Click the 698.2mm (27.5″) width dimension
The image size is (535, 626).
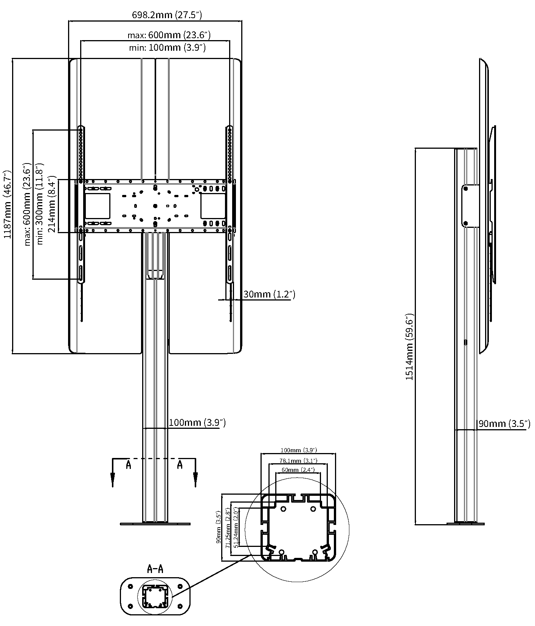pos(167,15)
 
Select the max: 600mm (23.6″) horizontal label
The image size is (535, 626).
pos(169,35)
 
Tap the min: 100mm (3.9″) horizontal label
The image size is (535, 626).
pos(167,48)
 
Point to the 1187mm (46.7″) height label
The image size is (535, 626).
pos(8,204)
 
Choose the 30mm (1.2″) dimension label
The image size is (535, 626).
pos(269,294)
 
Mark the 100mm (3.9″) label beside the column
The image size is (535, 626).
pos(197,422)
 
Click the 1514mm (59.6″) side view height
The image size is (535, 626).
pos(410,347)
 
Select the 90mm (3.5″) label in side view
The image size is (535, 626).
pos(504,424)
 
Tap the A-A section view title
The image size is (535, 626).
pos(155,568)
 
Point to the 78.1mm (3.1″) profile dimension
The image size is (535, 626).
pos(298,461)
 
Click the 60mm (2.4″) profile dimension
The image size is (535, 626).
pos(298,470)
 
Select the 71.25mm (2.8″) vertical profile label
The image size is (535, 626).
pos(228,529)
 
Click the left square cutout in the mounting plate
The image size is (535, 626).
pos(98,206)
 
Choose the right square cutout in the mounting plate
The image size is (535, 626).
pos(213,206)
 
